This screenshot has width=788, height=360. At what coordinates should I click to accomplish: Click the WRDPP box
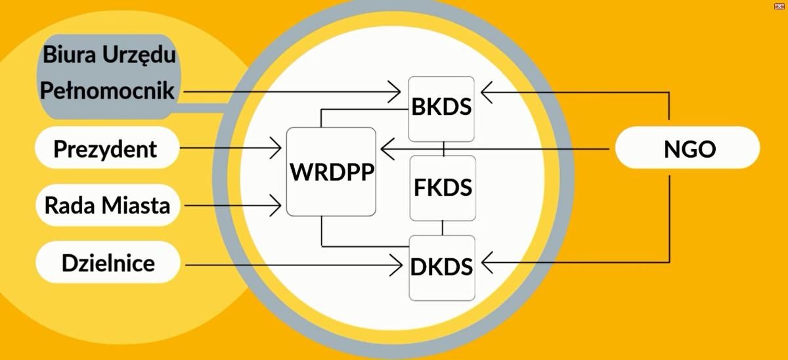pos(332,172)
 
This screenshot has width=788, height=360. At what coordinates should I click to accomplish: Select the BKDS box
pos(441,108)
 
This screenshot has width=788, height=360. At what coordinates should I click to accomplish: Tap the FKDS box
pos(443,188)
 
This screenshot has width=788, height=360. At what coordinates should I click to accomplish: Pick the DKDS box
pos(442,267)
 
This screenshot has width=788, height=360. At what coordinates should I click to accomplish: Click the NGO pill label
pos(688,150)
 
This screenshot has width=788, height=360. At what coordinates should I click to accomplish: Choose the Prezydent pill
pos(106,148)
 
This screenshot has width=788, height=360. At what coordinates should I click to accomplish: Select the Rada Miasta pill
pos(107,206)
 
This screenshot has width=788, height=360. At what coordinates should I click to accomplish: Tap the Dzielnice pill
pos(108,263)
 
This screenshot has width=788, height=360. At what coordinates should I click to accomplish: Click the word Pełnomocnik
pos(108,91)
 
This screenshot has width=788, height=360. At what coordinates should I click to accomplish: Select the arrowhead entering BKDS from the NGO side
pos(487,92)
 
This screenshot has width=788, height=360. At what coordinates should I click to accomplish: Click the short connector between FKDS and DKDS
pos(443,228)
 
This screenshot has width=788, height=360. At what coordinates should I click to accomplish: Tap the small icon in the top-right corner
pos(779,5)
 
